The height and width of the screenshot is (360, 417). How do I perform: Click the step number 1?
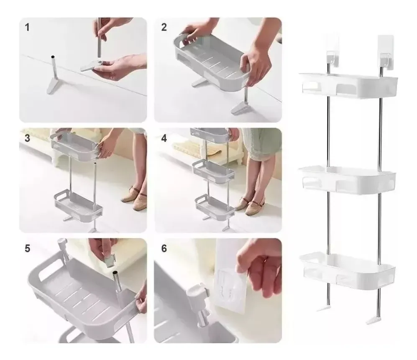point(27,27)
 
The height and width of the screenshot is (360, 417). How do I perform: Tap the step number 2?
point(164,27)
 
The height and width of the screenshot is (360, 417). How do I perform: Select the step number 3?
point(27,138)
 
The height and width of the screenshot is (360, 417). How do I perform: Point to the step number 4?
point(164,138)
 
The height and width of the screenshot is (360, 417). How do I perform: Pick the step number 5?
point(27,248)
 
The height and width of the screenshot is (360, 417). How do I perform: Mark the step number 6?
point(164,248)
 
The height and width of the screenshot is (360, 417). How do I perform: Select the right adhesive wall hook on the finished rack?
point(386,54)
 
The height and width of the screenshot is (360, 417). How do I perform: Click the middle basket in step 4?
point(214,171)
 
